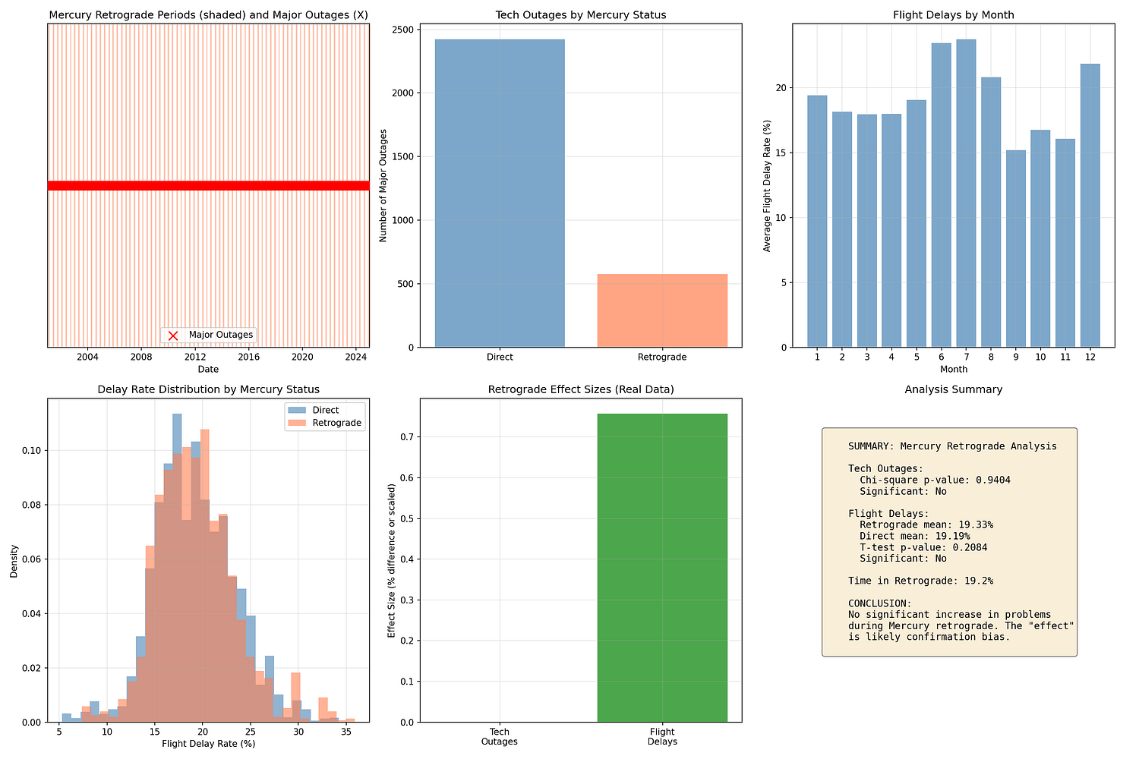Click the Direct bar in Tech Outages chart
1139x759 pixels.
click(500, 194)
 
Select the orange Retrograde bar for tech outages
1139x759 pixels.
click(662, 310)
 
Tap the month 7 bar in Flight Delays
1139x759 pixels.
click(966, 194)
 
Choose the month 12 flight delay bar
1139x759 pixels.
click(1090, 206)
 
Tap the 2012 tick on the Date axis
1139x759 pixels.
click(195, 357)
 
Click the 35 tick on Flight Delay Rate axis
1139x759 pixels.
click(345, 732)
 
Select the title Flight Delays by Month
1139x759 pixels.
click(953, 15)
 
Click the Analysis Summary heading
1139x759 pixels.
click(953, 389)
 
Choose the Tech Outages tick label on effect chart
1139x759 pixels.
click(500, 737)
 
